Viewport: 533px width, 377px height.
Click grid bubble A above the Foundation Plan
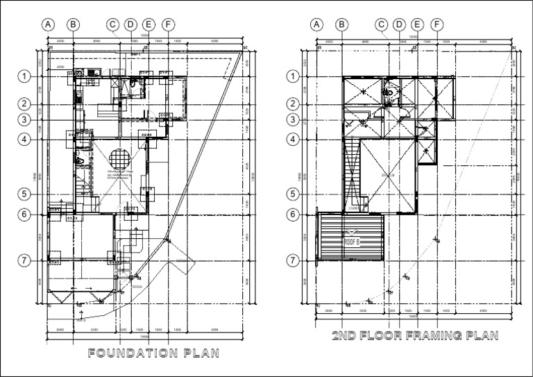pos(48,24)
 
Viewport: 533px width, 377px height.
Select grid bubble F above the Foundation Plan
pos(167,24)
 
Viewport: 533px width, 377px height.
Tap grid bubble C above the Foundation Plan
pos(112,24)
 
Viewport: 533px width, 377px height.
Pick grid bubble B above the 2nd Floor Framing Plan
pos(341,24)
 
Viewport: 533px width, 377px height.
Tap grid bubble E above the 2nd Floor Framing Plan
pos(418,24)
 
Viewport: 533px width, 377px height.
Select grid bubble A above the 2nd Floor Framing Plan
pos(317,24)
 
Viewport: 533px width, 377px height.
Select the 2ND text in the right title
pos(344,336)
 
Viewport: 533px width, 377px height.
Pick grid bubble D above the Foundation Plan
pos(130,24)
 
